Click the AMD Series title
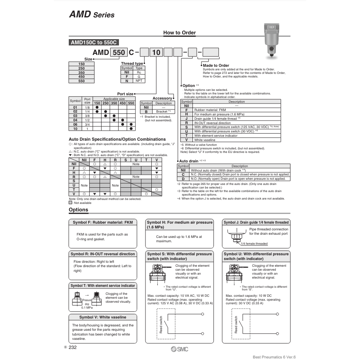click(x=92, y=15)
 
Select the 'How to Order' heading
click(x=179, y=33)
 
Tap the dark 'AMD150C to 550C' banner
click(x=94, y=43)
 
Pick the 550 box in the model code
click(x=119, y=52)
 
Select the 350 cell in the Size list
click(x=82, y=73)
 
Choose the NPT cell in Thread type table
click(x=139, y=81)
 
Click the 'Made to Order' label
click(x=216, y=66)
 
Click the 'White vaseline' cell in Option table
click(x=205, y=140)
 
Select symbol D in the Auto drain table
click(x=183, y=179)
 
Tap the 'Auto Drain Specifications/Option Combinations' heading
click(x=117, y=139)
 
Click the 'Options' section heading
click(x=79, y=210)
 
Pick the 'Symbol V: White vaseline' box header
click(x=103, y=317)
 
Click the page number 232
click(x=72, y=347)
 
